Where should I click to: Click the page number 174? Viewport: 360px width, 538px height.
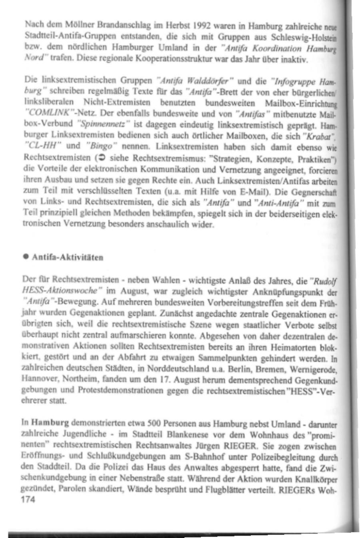(28, 500)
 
